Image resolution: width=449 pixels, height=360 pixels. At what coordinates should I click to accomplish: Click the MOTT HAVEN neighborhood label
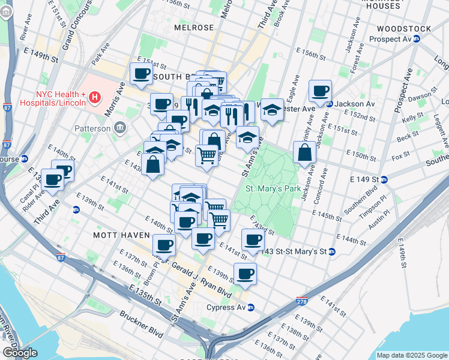118,235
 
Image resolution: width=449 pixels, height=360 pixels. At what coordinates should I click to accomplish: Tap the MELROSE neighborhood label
194,28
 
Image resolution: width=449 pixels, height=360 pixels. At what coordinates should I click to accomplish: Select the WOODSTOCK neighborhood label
404,29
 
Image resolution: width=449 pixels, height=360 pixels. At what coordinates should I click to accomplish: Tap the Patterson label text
92,128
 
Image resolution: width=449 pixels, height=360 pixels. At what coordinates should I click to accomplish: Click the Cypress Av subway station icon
251,307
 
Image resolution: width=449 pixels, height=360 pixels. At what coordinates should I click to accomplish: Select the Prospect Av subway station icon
416,39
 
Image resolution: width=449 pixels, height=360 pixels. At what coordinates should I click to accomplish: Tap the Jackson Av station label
355,104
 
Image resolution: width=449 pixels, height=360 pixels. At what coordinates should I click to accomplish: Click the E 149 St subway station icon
384,179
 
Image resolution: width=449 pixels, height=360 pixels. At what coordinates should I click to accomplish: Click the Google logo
19,353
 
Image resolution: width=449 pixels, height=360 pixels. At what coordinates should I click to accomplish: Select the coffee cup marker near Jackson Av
320,92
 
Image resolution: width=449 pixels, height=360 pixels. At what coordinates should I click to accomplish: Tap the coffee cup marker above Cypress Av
245,274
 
